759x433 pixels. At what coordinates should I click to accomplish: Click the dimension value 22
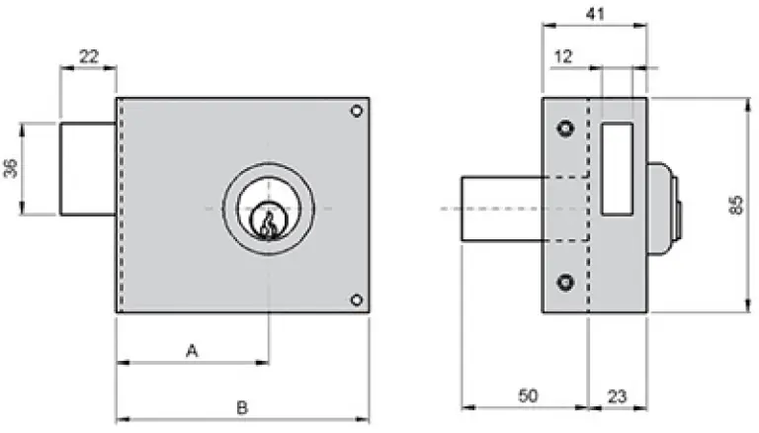pos(88,57)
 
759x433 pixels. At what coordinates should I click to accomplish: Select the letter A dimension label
pos(192,349)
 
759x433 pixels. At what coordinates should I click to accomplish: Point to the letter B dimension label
pos(241,406)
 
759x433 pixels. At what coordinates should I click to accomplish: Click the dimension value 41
pos(595,14)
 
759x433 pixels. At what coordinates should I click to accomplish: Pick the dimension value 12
pos(564,57)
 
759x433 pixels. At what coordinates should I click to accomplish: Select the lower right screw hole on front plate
pos(356,300)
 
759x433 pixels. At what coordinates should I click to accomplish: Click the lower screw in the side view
pos(564,282)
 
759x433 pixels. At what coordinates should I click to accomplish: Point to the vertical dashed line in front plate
pos(121,207)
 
